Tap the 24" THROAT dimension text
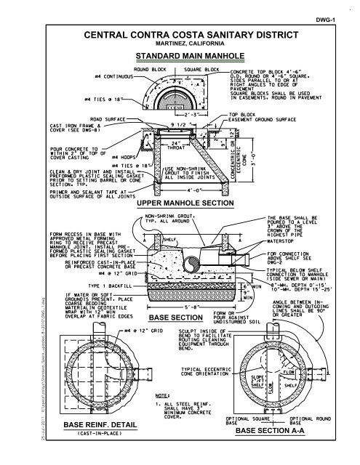tap(172, 145)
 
